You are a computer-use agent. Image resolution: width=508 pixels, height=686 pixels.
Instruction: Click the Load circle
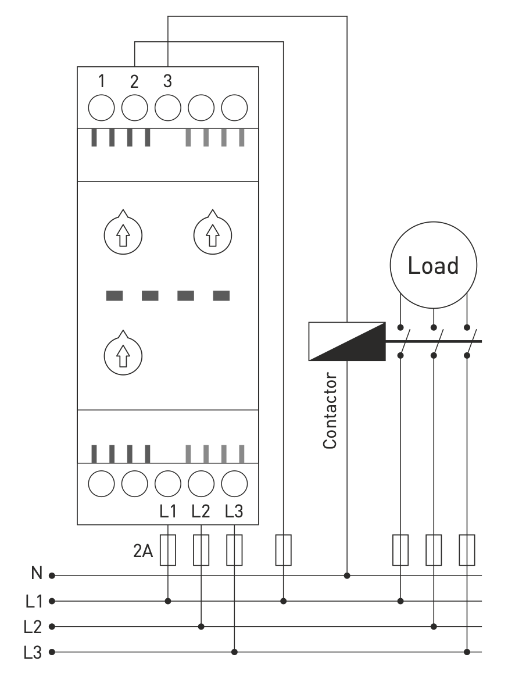(x=433, y=266)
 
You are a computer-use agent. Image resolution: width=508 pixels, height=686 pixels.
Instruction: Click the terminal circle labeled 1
(x=102, y=108)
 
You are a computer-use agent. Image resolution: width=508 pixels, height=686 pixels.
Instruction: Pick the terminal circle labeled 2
(x=135, y=108)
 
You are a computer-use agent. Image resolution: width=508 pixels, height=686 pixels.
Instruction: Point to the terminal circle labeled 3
(x=168, y=108)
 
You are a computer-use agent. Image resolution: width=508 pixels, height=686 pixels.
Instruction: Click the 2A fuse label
(x=143, y=551)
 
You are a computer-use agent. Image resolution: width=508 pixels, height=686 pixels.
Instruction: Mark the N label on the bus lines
(x=36, y=575)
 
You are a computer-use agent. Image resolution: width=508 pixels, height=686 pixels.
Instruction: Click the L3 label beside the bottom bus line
(x=33, y=652)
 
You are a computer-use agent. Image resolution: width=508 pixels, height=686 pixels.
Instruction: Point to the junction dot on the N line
(x=347, y=576)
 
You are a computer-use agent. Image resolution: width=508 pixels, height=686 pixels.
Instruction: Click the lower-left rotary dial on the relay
(x=122, y=353)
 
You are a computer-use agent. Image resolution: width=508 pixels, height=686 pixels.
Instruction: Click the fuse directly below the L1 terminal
(x=168, y=549)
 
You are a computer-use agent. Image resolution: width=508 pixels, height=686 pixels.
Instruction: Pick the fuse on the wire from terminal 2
(x=283, y=549)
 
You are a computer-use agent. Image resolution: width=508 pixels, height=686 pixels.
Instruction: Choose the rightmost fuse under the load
(x=467, y=549)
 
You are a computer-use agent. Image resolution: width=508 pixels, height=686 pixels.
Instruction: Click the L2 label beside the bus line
(x=33, y=627)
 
